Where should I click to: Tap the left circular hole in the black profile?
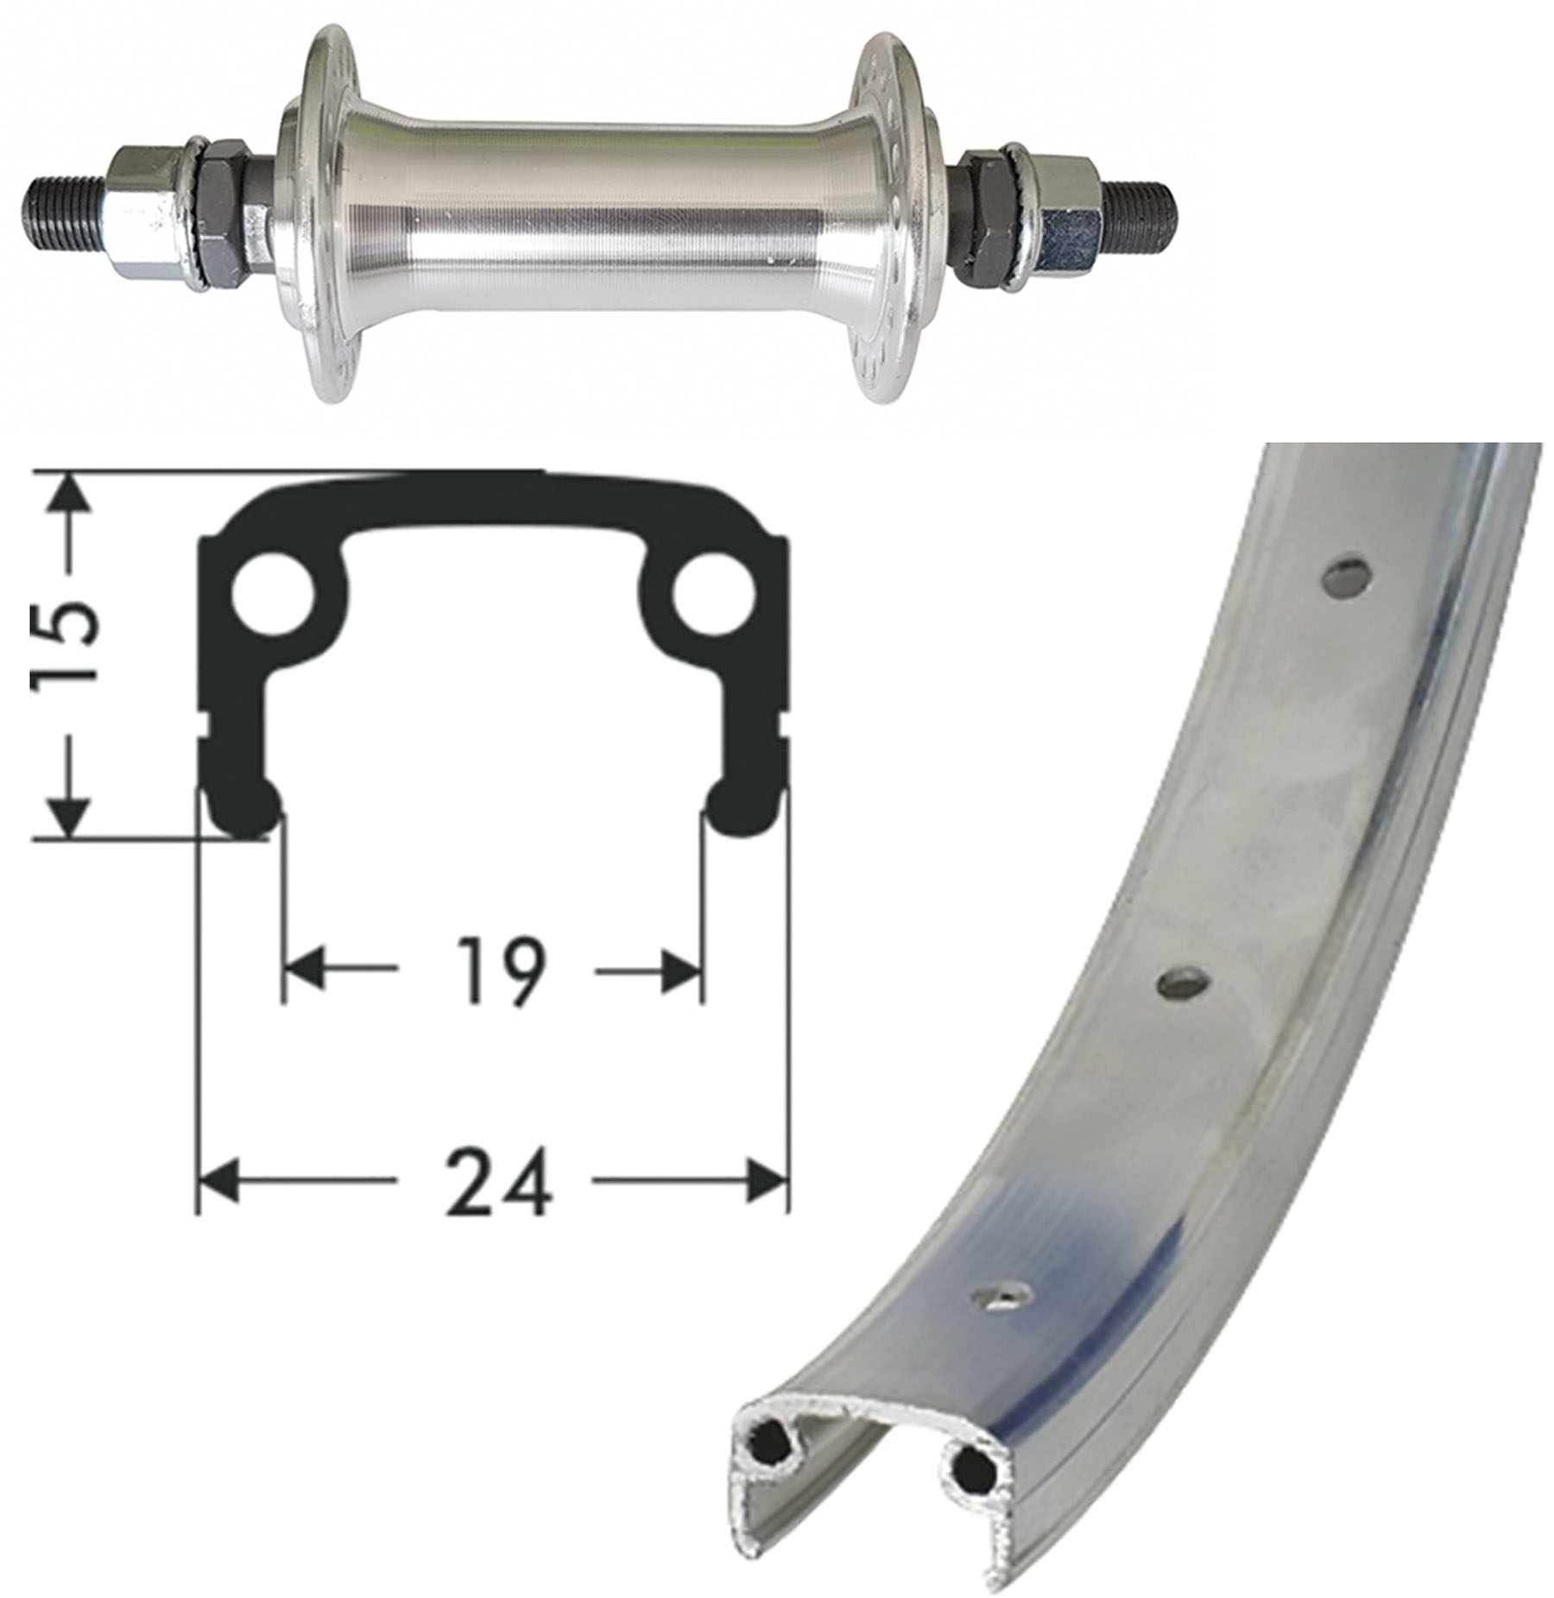click(274, 597)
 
